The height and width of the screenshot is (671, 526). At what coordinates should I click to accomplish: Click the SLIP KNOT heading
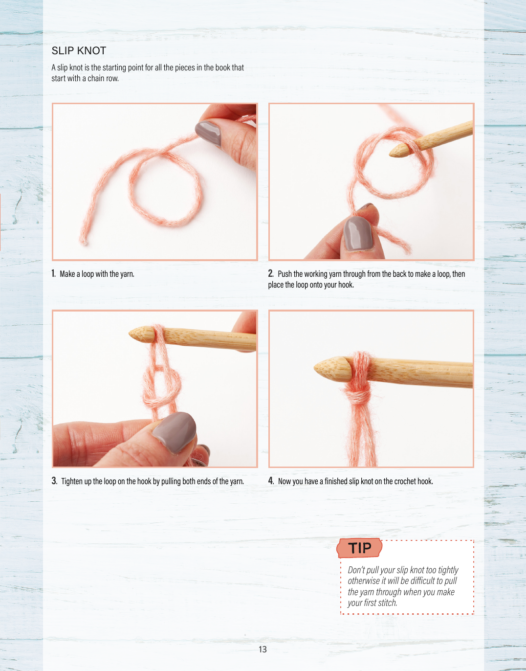pos(79,51)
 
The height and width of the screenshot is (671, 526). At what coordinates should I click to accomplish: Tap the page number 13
pos(263,649)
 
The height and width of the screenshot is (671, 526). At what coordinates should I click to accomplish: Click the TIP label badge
pos(360,548)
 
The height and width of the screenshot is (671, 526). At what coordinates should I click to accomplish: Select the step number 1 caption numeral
pos(53,273)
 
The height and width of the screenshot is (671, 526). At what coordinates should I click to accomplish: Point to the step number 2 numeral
pos(270,273)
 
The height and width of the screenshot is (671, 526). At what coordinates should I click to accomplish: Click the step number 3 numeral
pos(54,481)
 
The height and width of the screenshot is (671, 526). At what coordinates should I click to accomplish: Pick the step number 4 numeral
pos(271,481)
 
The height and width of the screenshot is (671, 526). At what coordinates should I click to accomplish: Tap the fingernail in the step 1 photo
pos(208,133)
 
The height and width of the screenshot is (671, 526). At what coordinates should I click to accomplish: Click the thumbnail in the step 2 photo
pos(358,233)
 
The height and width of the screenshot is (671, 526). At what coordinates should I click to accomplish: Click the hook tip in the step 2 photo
pos(390,153)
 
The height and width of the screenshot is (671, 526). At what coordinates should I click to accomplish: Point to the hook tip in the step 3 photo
pos(130,334)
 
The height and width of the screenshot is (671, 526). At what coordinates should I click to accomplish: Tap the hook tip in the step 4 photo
pos(315,367)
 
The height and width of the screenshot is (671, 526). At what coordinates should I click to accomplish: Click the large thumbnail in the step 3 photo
pos(175,432)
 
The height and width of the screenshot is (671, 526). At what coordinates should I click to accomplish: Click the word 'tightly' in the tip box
pos(447,570)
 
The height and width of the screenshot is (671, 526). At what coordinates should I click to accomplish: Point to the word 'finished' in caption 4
pos(336,481)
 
